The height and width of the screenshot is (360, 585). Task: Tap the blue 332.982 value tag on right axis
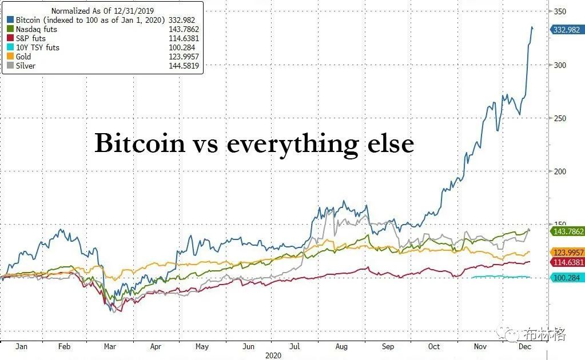pyautogui.click(x=566, y=30)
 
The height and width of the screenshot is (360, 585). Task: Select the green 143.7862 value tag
pyautogui.click(x=566, y=231)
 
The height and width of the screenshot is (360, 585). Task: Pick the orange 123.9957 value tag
pyautogui.click(x=566, y=252)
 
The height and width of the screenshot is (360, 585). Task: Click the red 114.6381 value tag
pyautogui.click(x=566, y=262)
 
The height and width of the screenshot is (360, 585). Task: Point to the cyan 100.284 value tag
pyautogui.click(x=566, y=277)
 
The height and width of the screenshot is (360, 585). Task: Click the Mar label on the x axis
pyautogui.click(x=110, y=346)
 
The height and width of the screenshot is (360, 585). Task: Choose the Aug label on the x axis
pyautogui.click(x=341, y=346)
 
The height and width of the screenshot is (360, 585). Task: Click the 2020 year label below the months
pyautogui.click(x=274, y=355)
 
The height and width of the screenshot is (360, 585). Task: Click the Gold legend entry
pyautogui.click(x=23, y=57)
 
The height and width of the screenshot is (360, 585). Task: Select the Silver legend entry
pyautogui.click(x=25, y=66)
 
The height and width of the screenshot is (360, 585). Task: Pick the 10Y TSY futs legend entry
pyautogui.click(x=37, y=47)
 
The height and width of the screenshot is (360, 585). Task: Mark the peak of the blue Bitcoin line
pyautogui.click(x=532, y=27)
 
